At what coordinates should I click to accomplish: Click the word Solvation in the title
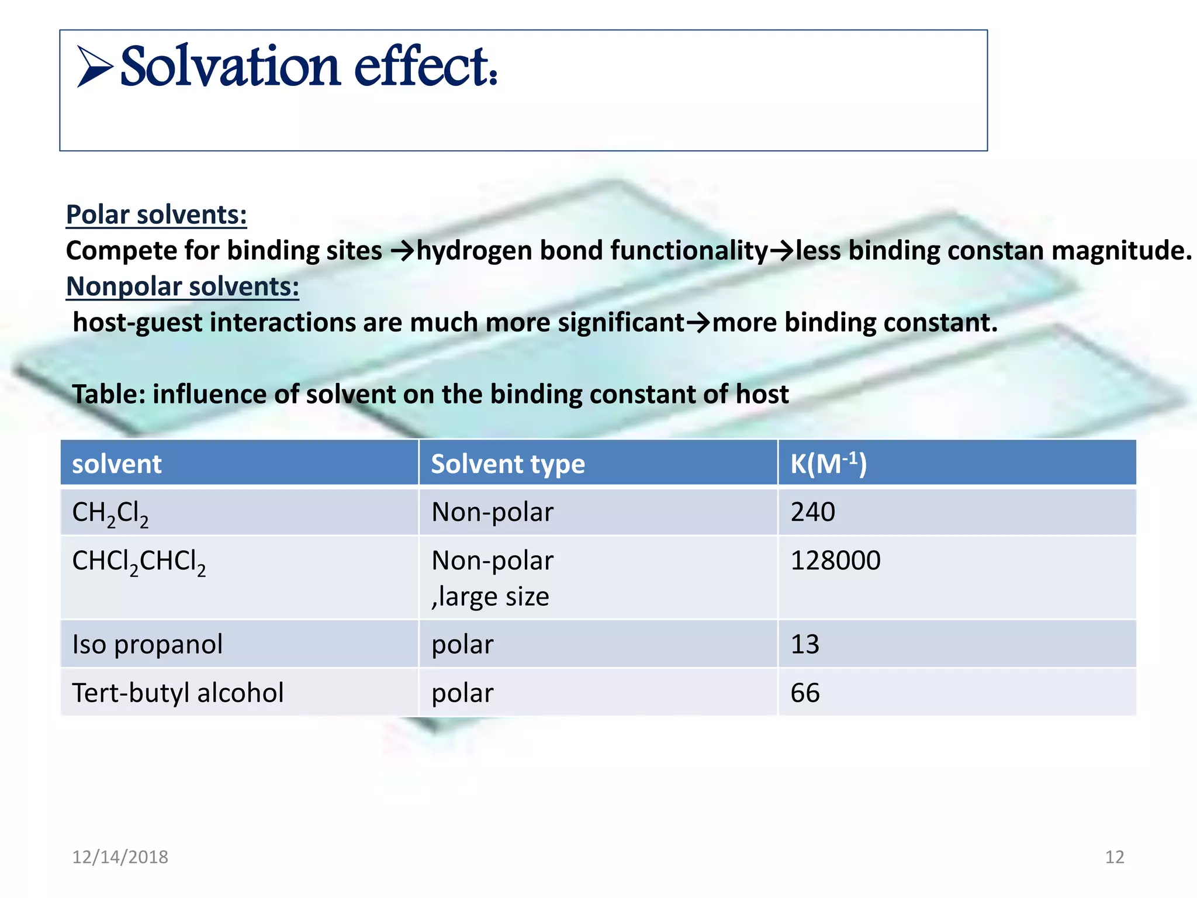[x=229, y=67]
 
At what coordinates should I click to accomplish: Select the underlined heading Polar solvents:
[x=156, y=215]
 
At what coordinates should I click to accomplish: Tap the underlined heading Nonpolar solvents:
[x=182, y=286]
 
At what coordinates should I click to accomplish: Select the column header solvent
[x=116, y=464]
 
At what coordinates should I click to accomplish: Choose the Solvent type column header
[x=507, y=464]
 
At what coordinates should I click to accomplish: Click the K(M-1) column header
[x=828, y=464]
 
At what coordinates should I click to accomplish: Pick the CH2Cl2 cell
[x=110, y=513]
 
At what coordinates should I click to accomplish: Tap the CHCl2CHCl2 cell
[x=139, y=562]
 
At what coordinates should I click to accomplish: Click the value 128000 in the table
[x=835, y=561]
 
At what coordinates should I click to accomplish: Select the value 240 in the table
[x=812, y=512]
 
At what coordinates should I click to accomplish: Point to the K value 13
[x=804, y=644]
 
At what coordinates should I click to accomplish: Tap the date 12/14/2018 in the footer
[x=120, y=857]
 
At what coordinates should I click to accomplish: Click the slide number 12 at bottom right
[x=1114, y=857]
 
